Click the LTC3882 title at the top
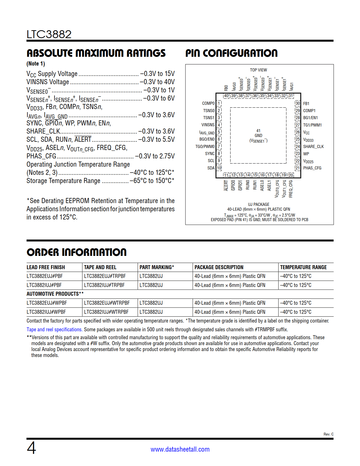[49, 34]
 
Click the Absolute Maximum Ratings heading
[96, 53]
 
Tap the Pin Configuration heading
[231, 53]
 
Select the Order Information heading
[77, 252]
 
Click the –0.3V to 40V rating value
[157, 82]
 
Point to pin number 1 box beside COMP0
[219, 103]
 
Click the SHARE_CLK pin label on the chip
[313, 147]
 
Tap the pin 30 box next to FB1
[298, 103]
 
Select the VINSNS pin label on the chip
[208, 125]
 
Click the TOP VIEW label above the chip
[258, 70]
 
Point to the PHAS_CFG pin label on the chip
[312, 168]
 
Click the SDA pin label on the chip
[211, 168]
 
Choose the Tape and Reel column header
[100, 267]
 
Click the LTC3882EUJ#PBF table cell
[45, 276]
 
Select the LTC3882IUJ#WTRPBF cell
[106, 312]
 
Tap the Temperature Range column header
[303, 267]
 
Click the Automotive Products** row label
[55, 294]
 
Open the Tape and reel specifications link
[54, 330]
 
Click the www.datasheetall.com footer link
[180, 449]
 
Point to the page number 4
[31, 448]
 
